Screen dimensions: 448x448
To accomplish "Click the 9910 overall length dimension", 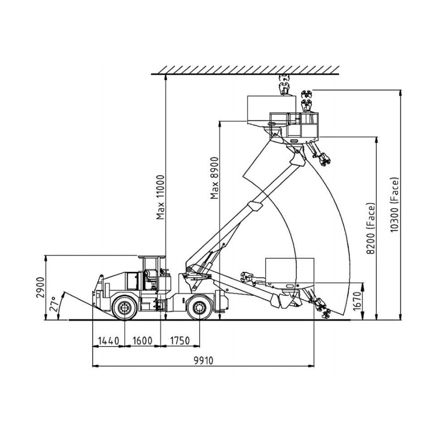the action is point(204,360).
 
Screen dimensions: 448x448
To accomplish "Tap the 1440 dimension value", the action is point(109,340).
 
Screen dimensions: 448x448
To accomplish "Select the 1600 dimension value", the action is point(142,340).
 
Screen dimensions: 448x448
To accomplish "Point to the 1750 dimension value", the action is point(180,340).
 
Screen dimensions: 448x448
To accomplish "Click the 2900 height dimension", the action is point(40,287).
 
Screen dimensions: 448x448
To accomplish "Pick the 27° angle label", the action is point(54,304).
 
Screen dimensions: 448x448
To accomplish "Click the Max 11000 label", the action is point(161,198).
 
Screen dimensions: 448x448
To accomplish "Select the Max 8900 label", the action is point(214,178).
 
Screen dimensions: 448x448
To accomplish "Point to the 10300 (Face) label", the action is point(394,205).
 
